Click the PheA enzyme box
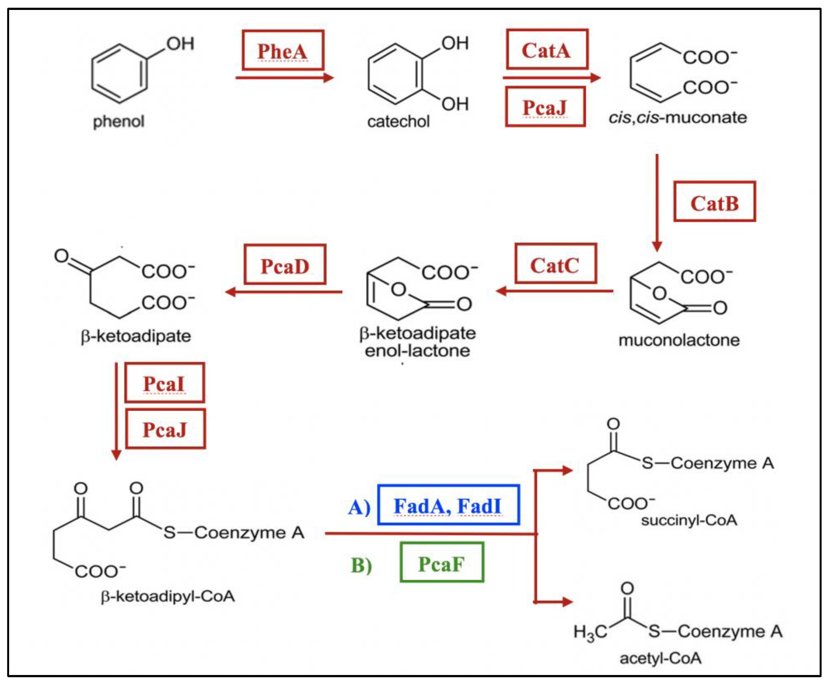tap(283, 50)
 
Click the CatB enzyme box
tap(714, 202)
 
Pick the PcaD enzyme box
tap(285, 265)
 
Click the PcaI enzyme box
tap(165, 382)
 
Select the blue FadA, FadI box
tap(448, 505)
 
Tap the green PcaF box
tap(441, 563)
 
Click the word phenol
tap(118, 121)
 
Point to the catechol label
tap(398, 121)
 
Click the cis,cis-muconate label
tap(677, 117)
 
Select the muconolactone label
tap(679, 340)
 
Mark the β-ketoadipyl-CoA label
tap(168, 596)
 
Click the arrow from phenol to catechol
tap(284, 78)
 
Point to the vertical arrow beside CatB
tap(656, 201)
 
